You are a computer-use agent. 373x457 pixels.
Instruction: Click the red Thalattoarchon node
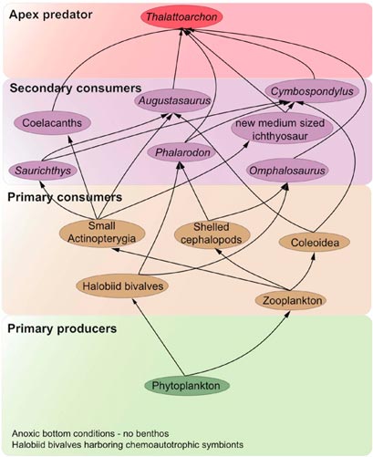pyautogui.click(x=181, y=16)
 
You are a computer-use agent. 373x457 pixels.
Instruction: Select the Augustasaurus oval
pyautogui.click(x=173, y=100)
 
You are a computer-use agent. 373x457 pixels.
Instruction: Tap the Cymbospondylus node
pyautogui.click(x=312, y=91)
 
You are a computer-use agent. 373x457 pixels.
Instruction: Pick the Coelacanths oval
pyautogui.click(x=52, y=123)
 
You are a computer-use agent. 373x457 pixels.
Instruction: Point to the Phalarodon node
pyautogui.click(x=181, y=152)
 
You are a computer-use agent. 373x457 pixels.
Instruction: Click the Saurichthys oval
pyautogui.click(x=43, y=171)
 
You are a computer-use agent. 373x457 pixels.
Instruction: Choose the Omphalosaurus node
pyautogui.click(x=287, y=171)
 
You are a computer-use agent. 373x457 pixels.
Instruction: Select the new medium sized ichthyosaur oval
pyautogui.click(x=280, y=129)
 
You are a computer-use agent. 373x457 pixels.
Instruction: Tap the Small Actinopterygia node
pyautogui.click(x=102, y=233)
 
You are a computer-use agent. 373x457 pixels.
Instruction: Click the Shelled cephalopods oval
pyautogui.click(x=212, y=234)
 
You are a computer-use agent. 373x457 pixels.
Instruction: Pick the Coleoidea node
pyautogui.click(x=315, y=243)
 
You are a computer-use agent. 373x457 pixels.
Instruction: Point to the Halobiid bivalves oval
pyautogui.click(x=122, y=286)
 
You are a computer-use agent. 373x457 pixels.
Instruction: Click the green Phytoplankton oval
pyautogui.click(x=186, y=386)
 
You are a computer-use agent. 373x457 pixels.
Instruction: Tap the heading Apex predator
pyautogui.click(x=51, y=15)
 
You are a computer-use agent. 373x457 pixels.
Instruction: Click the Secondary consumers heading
pyautogui.click(x=76, y=88)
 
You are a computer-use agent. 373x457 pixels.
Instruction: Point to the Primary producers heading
pyautogui.click(x=62, y=328)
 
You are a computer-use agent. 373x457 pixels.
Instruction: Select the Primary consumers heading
pyautogui.click(x=65, y=197)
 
